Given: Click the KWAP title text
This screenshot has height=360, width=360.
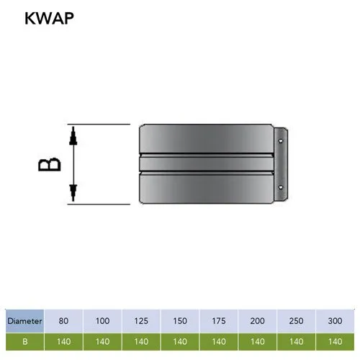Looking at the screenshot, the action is (49, 18).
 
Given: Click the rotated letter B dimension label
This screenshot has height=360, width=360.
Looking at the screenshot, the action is (50, 164).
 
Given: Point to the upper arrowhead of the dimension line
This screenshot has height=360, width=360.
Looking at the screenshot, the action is (73, 136).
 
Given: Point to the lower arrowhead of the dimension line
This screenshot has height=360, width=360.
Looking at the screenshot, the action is (73, 193).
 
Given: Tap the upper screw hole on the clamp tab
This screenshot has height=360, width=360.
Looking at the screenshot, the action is (281, 141).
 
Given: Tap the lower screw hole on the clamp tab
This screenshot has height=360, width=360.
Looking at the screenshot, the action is (281, 187).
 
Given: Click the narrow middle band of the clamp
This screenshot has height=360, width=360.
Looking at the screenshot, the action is (207, 164).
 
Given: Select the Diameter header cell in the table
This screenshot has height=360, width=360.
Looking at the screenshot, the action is (24, 321).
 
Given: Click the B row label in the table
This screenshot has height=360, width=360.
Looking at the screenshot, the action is (24, 341).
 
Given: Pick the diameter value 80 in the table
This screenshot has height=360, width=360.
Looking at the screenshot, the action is (63, 321).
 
